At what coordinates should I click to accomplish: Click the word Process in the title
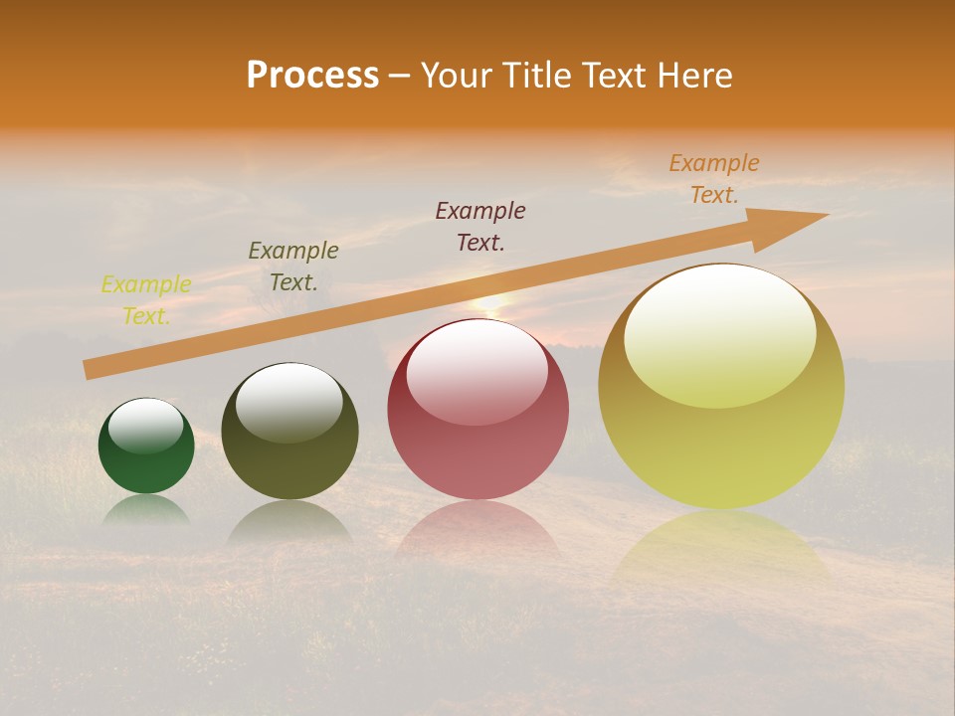312,75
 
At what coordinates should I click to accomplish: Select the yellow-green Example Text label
146,300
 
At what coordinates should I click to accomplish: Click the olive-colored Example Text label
293,267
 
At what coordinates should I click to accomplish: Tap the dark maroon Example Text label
480,227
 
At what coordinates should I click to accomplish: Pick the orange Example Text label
714,179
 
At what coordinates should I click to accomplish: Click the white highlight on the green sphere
146,426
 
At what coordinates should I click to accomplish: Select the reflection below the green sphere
146,509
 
